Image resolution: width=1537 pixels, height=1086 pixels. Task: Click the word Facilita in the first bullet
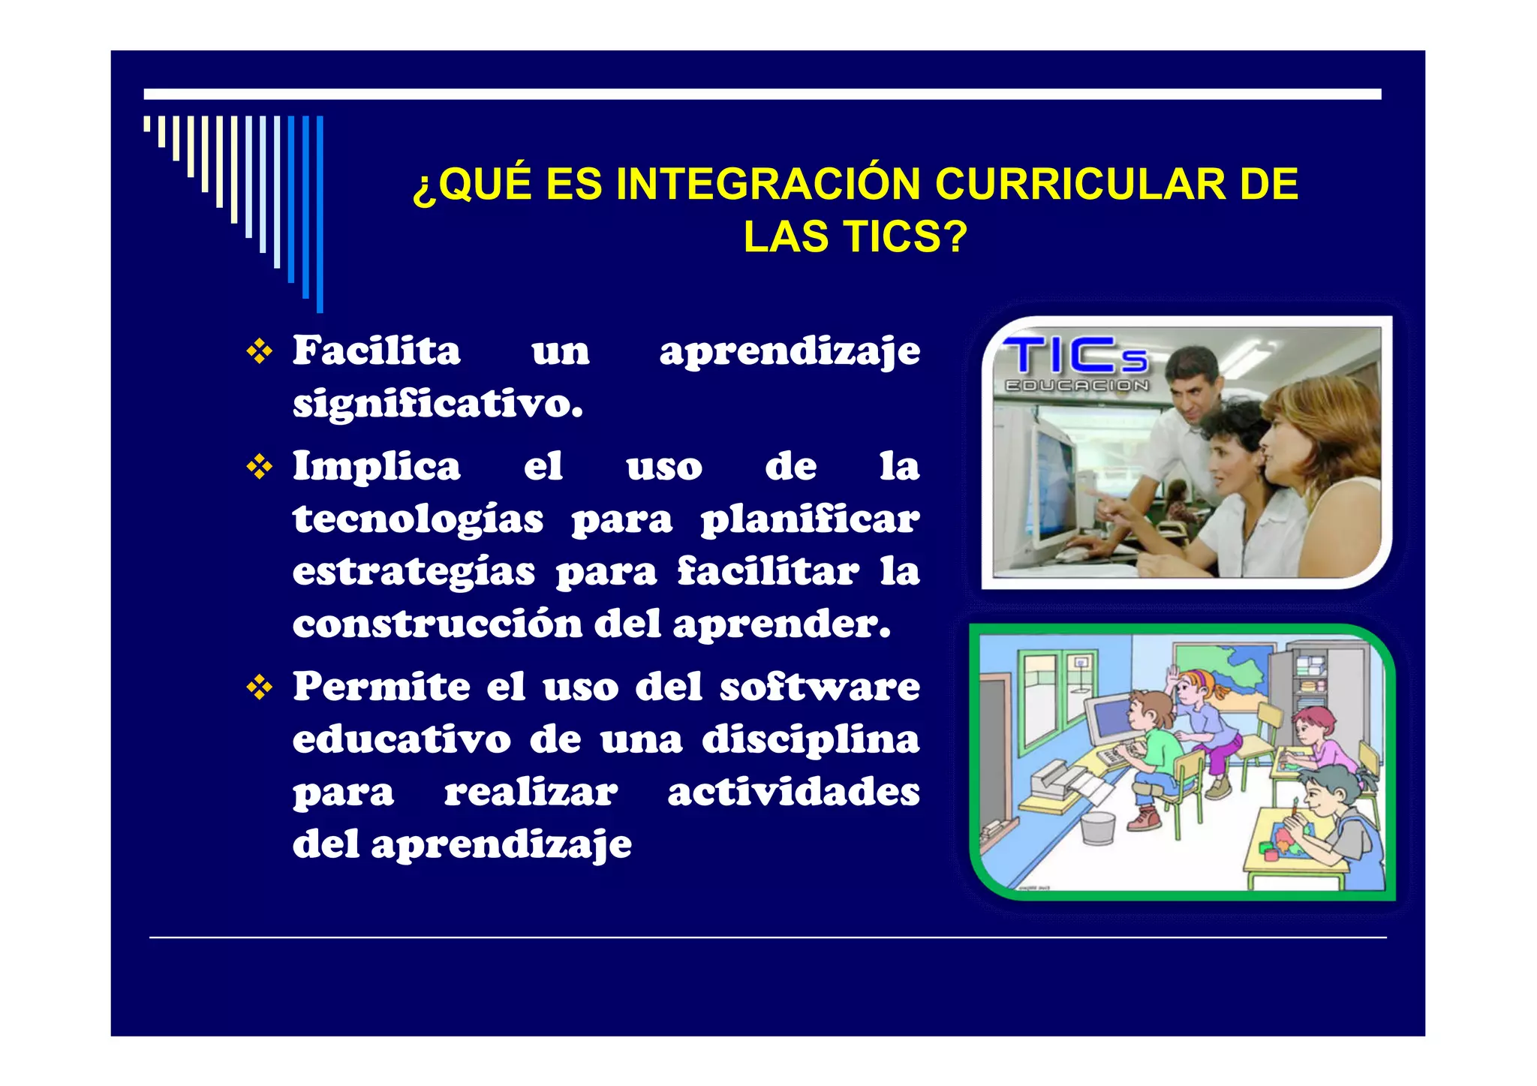376,351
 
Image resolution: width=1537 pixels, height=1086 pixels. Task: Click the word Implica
376,467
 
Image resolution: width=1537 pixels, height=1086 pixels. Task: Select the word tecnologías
418,519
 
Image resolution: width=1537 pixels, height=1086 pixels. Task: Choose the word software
819,687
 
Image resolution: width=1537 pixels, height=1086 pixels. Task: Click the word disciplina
811,739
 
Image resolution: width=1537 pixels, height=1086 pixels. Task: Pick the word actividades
793,792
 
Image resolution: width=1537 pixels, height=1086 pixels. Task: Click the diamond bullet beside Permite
260,687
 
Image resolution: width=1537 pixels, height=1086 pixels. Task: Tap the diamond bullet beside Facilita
260,351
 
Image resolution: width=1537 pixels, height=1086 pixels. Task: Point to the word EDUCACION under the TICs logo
1076,386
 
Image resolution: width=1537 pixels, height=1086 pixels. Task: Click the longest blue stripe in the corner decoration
320,214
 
